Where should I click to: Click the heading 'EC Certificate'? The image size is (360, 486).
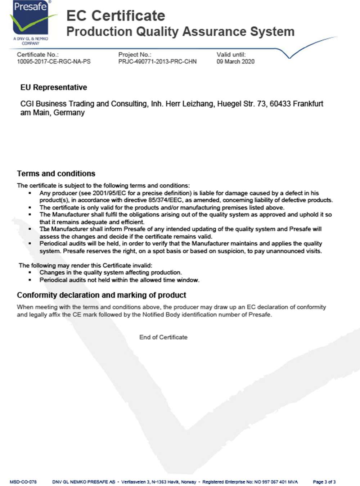pos(116,15)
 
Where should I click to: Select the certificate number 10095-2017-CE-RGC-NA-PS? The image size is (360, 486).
pos(54,62)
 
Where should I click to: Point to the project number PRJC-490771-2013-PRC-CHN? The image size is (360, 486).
pos(157,62)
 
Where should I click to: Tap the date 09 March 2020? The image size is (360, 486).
pos(235,62)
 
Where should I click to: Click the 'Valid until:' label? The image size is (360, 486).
pos(231,55)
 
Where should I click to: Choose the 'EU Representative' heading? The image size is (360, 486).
pos(54,87)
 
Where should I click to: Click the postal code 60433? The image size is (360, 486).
pos(280,104)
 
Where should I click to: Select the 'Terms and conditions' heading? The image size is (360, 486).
pos(56,174)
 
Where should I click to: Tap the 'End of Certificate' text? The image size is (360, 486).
pos(163,337)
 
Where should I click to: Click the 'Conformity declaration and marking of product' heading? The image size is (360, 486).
pos(102,295)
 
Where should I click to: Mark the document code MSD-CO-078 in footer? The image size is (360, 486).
pos(23,482)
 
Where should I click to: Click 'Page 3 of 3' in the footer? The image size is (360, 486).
pos(324,482)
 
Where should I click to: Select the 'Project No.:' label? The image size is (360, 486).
pos(135,55)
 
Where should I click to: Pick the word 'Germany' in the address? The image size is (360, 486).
pos(69,113)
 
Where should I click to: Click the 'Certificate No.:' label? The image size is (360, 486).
pos(37,55)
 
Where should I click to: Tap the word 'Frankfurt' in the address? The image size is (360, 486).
pos(308,104)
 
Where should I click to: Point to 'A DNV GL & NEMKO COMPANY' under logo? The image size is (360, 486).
pos(31,41)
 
